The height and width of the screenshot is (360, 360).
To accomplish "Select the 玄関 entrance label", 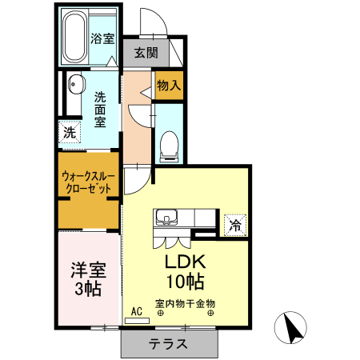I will (146, 54).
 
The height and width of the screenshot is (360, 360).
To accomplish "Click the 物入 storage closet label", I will (169, 84).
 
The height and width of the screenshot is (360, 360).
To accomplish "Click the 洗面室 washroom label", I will (100, 110).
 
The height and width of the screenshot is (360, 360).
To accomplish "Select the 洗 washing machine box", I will (69, 133).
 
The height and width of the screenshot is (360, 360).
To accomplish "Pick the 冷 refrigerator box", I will (235, 226).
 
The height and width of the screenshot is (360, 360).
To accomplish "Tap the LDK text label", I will (186, 262).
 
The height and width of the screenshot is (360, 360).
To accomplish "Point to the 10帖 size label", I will (186, 281).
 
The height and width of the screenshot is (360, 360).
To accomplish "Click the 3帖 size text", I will (86, 289).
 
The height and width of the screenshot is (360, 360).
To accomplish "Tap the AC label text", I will (135, 310).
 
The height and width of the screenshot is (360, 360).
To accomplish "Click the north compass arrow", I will (291, 327).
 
